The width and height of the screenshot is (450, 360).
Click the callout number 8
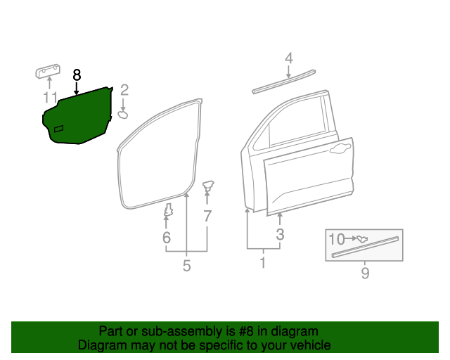click(77, 75)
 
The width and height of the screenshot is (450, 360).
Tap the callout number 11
click(49, 97)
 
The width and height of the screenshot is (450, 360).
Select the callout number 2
click(124, 90)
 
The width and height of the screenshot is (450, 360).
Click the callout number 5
click(186, 266)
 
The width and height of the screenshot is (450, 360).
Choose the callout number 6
click(167, 238)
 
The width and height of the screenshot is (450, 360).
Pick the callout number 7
click(207, 217)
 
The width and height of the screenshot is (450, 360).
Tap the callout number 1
click(262, 264)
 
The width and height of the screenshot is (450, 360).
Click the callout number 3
click(280, 235)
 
